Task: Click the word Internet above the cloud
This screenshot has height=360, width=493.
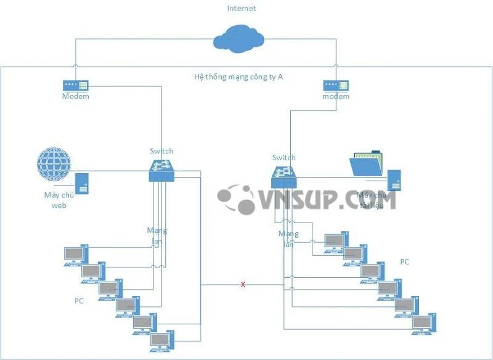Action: (x=242, y=9)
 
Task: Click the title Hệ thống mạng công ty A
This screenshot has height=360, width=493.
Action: (x=238, y=77)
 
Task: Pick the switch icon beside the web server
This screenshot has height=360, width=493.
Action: (x=162, y=169)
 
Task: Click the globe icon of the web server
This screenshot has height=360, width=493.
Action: (x=54, y=164)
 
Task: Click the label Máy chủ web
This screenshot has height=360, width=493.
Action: (x=59, y=200)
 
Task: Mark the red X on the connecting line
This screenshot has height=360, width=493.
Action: (x=243, y=285)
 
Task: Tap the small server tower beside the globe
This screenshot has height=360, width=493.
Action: (x=81, y=183)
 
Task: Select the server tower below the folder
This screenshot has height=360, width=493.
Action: (x=394, y=180)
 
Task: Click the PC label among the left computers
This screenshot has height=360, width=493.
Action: (x=79, y=301)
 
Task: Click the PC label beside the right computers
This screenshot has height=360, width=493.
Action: (x=404, y=261)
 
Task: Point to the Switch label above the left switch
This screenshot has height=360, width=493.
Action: (x=161, y=151)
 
